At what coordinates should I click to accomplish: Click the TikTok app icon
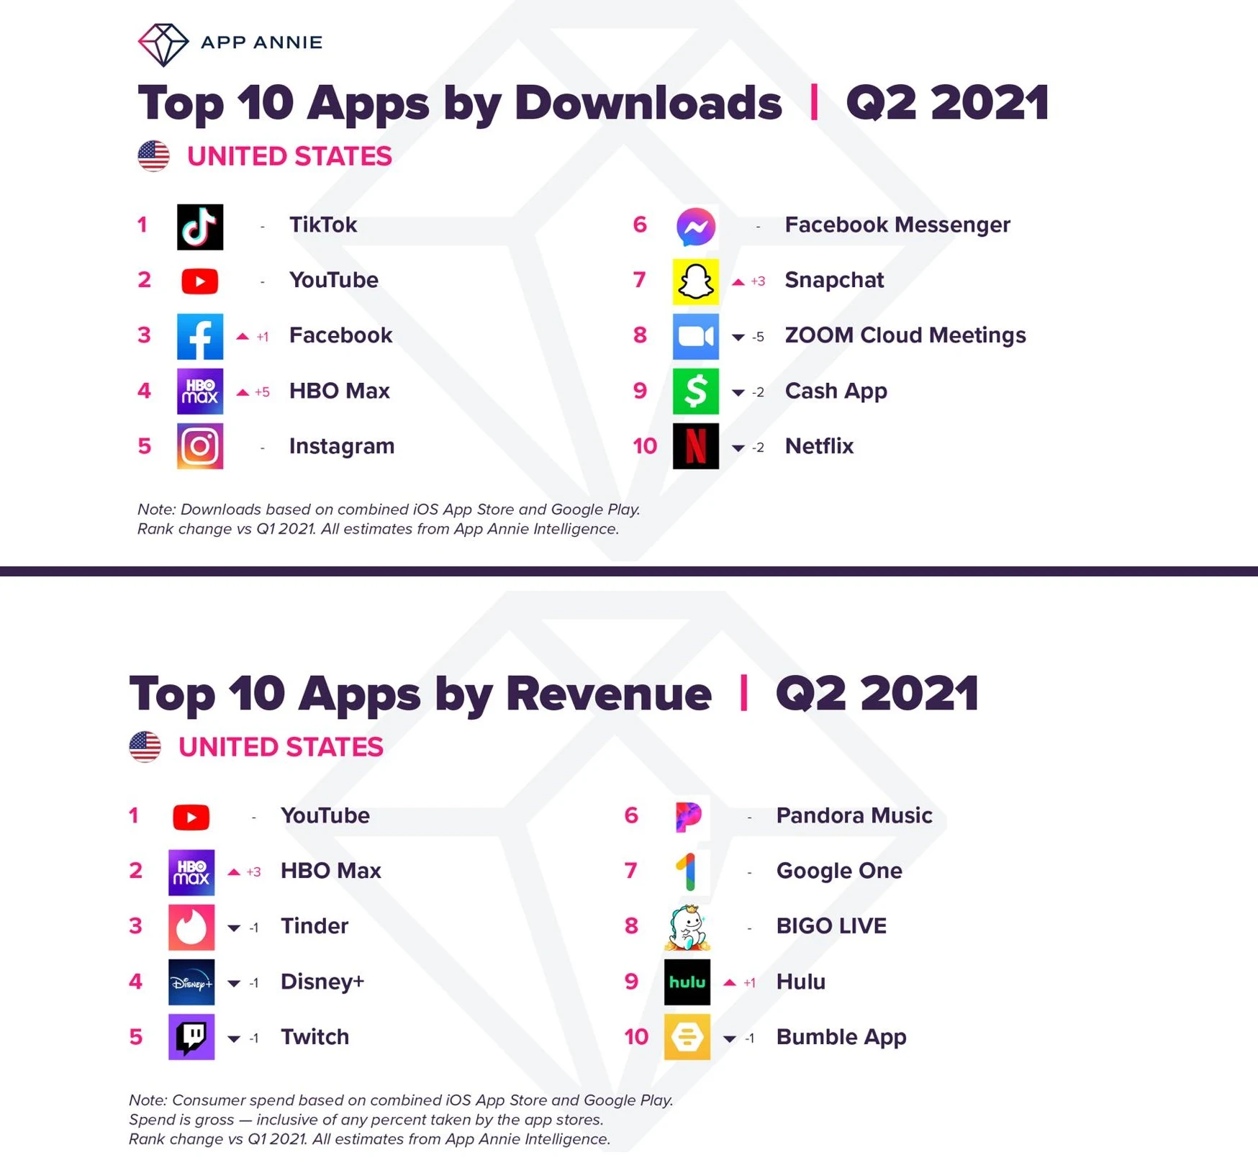click(200, 227)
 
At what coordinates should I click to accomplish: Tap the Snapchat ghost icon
click(695, 281)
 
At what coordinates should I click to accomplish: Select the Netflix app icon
click(695, 446)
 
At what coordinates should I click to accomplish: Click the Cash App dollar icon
click(695, 391)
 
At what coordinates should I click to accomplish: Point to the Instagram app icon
click(200, 446)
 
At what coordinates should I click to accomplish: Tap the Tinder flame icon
click(191, 927)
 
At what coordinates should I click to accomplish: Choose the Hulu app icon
click(687, 982)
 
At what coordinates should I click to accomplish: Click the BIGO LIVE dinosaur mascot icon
click(687, 927)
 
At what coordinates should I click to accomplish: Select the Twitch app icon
click(191, 1037)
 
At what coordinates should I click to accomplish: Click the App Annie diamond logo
click(163, 44)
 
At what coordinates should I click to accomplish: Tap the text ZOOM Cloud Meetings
click(905, 335)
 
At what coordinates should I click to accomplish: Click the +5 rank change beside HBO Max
click(261, 392)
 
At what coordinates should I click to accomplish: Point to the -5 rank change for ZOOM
click(757, 337)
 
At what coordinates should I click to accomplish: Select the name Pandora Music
click(854, 815)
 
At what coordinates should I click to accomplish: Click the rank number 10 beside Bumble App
click(636, 1037)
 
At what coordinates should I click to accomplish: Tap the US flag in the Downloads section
click(153, 156)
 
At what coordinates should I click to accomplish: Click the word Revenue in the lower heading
click(608, 694)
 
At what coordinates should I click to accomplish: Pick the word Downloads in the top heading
click(648, 103)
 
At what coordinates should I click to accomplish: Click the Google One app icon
click(687, 871)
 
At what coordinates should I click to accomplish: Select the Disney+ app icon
click(191, 982)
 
